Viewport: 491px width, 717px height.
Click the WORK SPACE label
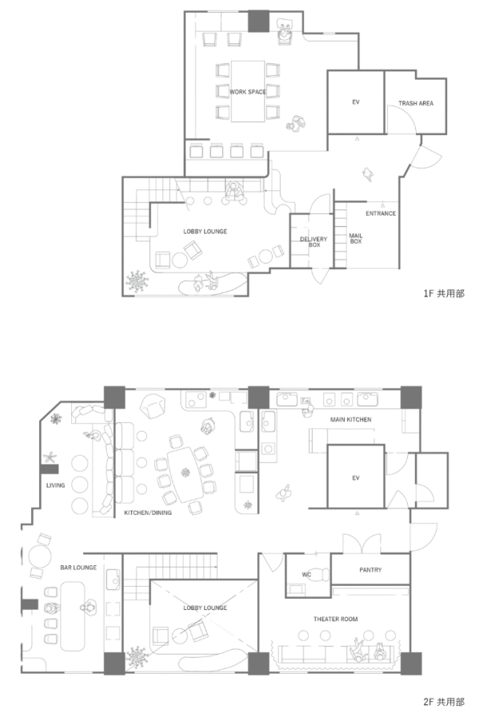(x=248, y=92)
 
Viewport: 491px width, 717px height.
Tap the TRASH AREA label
(x=416, y=103)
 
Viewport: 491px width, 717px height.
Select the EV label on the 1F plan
(x=356, y=102)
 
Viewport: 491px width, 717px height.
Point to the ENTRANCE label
(x=381, y=213)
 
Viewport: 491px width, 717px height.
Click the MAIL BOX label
(x=356, y=238)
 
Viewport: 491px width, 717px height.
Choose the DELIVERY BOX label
(x=313, y=242)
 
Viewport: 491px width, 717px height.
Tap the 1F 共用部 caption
(x=444, y=293)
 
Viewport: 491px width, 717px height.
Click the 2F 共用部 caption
(x=444, y=702)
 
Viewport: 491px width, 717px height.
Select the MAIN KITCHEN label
(x=350, y=420)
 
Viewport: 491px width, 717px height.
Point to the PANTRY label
(x=370, y=570)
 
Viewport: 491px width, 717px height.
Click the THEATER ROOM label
(x=335, y=619)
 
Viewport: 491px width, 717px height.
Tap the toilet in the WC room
(x=321, y=575)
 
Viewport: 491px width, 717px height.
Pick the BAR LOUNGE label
(x=78, y=568)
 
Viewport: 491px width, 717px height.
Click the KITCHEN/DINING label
(x=148, y=512)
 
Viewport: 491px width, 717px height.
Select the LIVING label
(x=55, y=485)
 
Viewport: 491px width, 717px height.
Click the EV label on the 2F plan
(x=356, y=478)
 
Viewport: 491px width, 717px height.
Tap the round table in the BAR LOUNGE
(x=40, y=556)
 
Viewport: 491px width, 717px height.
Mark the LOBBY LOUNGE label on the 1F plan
(x=205, y=231)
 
